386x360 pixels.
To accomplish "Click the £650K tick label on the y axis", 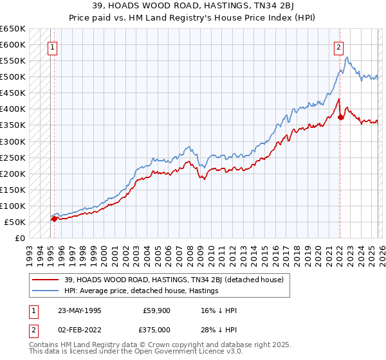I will tap(13, 29).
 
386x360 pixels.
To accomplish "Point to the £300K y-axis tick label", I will tap(13, 141).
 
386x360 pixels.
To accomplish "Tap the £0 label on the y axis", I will tap(19, 238).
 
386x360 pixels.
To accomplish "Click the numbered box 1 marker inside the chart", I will tap(51, 46).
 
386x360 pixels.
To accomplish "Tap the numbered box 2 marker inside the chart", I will tap(338, 46).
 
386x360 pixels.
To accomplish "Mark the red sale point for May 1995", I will tap(54, 219).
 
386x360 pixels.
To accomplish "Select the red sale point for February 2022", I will tap(340, 117).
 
